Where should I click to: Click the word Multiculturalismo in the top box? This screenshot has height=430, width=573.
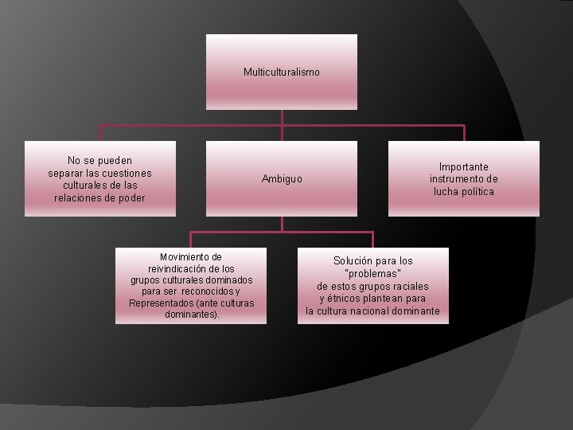[282, 72]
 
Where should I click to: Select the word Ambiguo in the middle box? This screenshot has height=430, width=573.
[282, 179]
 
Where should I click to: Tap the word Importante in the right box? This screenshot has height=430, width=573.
[464, 167]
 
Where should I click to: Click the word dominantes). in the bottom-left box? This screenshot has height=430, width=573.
[191, 315]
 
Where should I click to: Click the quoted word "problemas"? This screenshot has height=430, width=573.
[372, 273]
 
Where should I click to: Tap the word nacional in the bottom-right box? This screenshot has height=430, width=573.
[379, 311]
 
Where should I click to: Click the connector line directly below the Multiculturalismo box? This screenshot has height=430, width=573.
[282, 117]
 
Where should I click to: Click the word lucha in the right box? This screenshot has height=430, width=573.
[446, 192]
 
